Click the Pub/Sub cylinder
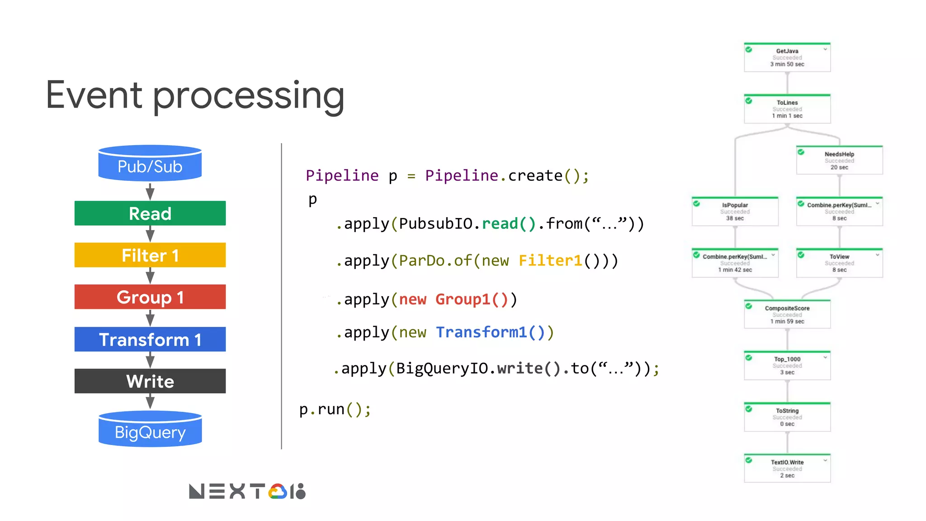pos(150,164)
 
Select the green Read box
pos(150,213)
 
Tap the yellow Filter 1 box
pos(150,255)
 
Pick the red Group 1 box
pos(150,297)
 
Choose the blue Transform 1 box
pos(150,339)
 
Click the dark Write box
pos(150,381)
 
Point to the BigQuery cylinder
pos(150,430)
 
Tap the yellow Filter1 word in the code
pos(550,260)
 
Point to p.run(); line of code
pos(335,409)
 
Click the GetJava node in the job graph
pos(787,57)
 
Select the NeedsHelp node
pos(839,161)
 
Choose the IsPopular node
pos(735,212)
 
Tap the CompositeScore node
pos(787,314)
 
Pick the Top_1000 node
pos(787,365)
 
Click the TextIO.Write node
pos(787,469)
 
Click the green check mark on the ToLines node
pos(749,101)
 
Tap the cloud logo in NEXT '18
pos(278,492)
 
